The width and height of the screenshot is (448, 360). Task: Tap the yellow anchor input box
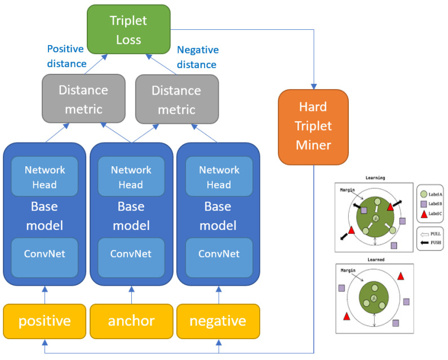(x=131, y=321)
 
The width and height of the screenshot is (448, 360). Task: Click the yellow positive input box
(x=45, y=321)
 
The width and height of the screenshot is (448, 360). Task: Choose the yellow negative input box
(x=218, y=321)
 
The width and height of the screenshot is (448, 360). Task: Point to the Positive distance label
(x=67, y=56)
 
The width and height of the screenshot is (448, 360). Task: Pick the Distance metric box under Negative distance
(x=176, y=99)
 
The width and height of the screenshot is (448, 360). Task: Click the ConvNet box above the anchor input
(x=131, y=254)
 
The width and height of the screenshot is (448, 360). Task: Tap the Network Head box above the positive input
(x=45, y=177)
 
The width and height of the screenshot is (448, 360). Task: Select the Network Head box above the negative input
(x=218, y=177)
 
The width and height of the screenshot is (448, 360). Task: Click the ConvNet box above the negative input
(x=218, y=254)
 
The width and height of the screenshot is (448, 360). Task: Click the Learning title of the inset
(x=375, y=177)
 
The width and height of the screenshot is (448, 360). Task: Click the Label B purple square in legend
(x=423, y=203)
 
